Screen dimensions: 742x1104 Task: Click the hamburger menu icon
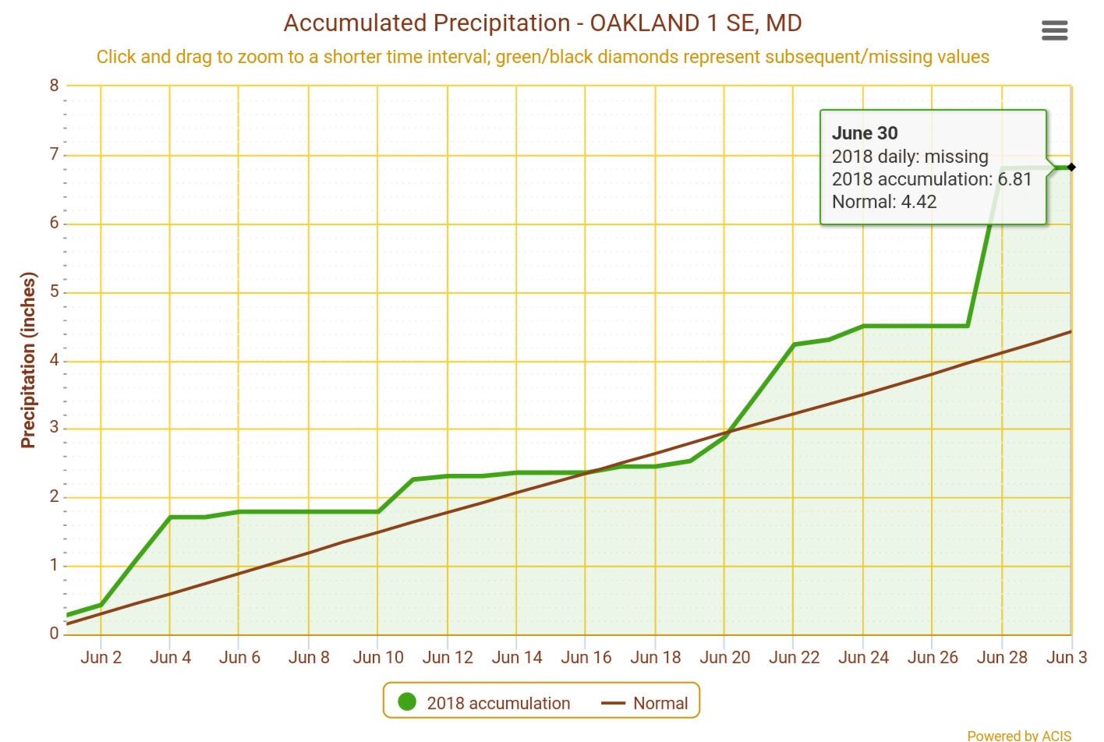coord(1054,30)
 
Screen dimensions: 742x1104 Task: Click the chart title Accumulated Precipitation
coord(542,23)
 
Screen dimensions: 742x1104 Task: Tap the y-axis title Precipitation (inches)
coord(29,360)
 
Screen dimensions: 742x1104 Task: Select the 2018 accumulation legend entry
coord(498,703)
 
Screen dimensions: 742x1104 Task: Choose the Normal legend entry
coord(660,703)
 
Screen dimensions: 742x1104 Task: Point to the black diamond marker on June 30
coord(1071,167)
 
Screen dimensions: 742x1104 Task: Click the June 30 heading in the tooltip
coord(865,133)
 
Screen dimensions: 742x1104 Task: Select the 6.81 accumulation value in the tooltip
coord(1014,179)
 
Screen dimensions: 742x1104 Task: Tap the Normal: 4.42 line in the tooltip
coord(884,202)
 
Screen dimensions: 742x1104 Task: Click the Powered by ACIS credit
coord(1018,735)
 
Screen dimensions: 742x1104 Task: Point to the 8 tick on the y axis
coord(54,86)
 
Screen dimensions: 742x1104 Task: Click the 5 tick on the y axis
coord(54,291)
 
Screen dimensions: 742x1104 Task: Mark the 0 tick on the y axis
coord(54,634)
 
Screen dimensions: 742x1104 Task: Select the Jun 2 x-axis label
coord(101,657)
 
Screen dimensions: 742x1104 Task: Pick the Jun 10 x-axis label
coord(378,657)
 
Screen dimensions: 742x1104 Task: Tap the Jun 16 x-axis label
coord(586,657)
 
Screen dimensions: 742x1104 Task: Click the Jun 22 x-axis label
coord(794,657)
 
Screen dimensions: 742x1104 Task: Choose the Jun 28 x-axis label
coord(1002,657)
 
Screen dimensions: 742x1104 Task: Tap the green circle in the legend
coord(407,702)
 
